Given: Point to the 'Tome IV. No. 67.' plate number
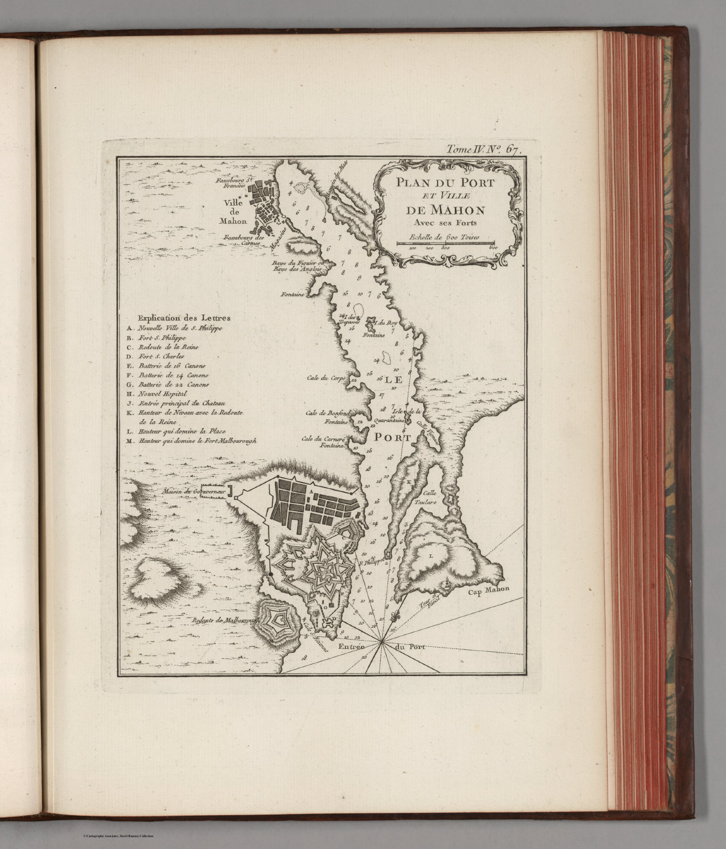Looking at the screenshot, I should point(482,149).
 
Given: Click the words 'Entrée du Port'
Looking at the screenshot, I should point(381,647).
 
